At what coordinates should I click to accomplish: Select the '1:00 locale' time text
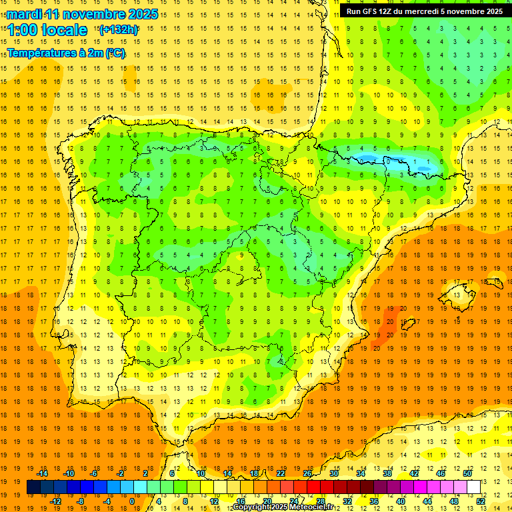coord(47,30)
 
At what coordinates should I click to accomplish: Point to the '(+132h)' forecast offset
coord(118,29)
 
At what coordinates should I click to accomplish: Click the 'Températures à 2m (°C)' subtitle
coord(66,53)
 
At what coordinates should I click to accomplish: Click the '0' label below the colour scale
coord(132,501)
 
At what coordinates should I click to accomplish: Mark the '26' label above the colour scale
coord(307,473)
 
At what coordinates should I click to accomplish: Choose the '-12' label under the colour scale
coord(55,501)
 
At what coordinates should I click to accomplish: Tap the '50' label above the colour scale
coord(467,473)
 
